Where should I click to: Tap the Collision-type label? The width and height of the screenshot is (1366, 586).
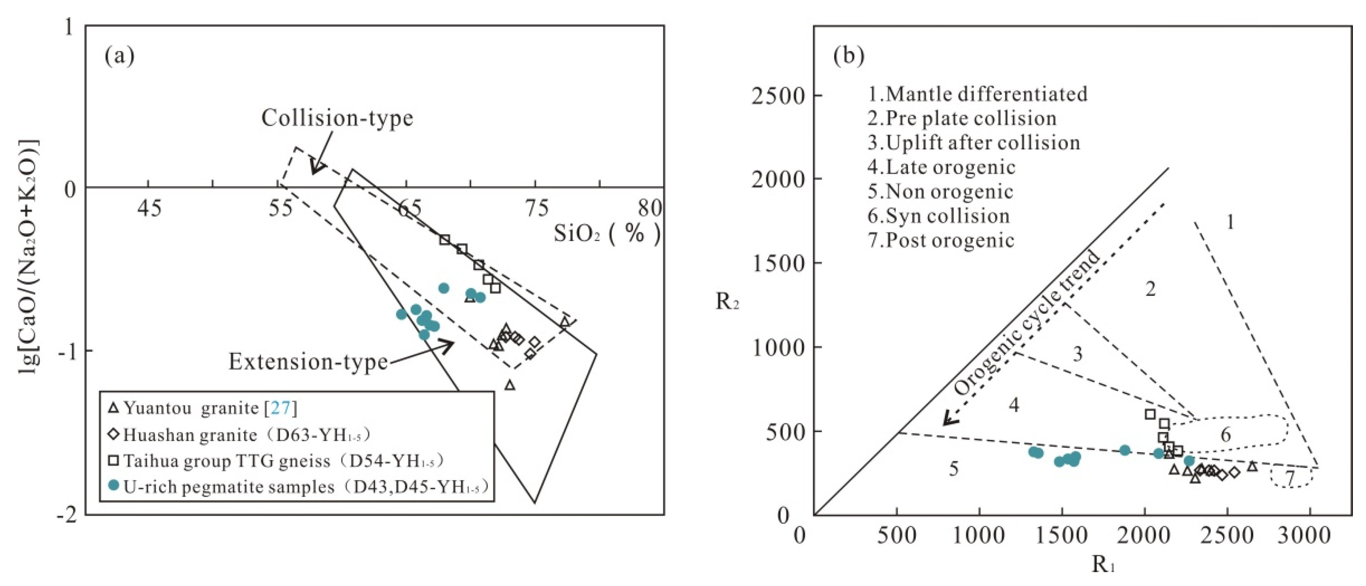pos(337,117)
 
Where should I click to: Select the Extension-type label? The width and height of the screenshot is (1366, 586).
pos(308,362)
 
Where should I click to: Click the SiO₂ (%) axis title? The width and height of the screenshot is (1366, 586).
pos(608,233)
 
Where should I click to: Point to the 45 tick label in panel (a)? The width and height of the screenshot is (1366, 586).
pos(150,209)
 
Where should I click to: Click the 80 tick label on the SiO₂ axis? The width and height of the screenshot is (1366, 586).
pos(650,208)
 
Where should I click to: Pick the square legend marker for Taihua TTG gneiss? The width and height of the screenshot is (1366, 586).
pos(113,460)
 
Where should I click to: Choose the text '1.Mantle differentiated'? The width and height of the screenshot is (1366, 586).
pos(977,94)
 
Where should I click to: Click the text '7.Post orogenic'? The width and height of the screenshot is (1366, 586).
pos(941,241)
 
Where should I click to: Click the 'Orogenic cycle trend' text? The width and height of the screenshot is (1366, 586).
pos(1028,323)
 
